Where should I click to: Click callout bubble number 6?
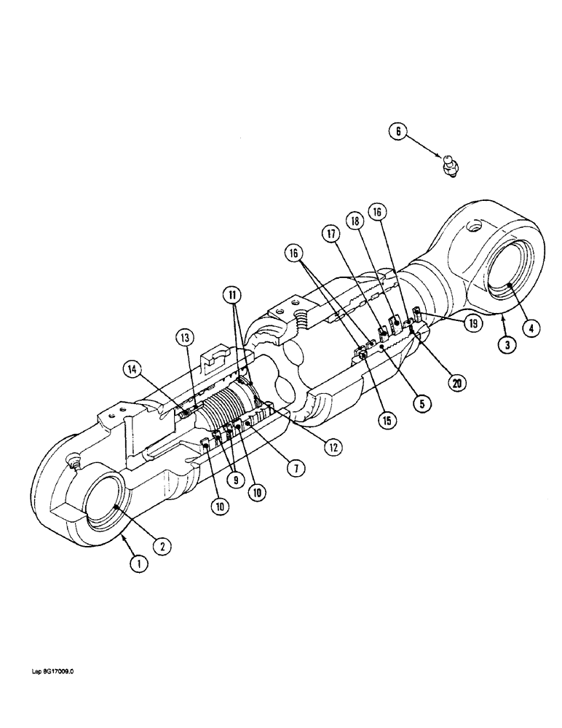(397, 132)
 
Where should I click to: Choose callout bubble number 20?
(458, 382)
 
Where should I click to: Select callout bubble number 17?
(332, 234)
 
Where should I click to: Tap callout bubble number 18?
(356, 221)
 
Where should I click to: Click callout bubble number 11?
(231, 296)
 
